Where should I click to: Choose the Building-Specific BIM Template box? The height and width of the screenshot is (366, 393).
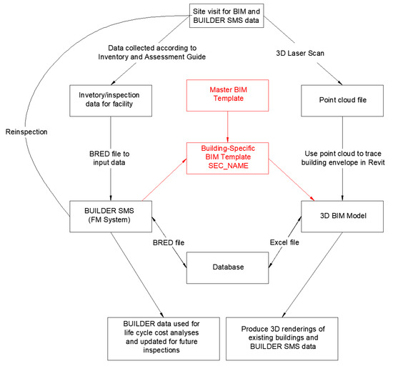[x=227, y=155]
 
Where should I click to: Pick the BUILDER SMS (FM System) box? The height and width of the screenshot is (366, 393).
[x=110, y=216]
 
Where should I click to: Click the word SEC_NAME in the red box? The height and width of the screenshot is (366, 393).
[x=227, y=165]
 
